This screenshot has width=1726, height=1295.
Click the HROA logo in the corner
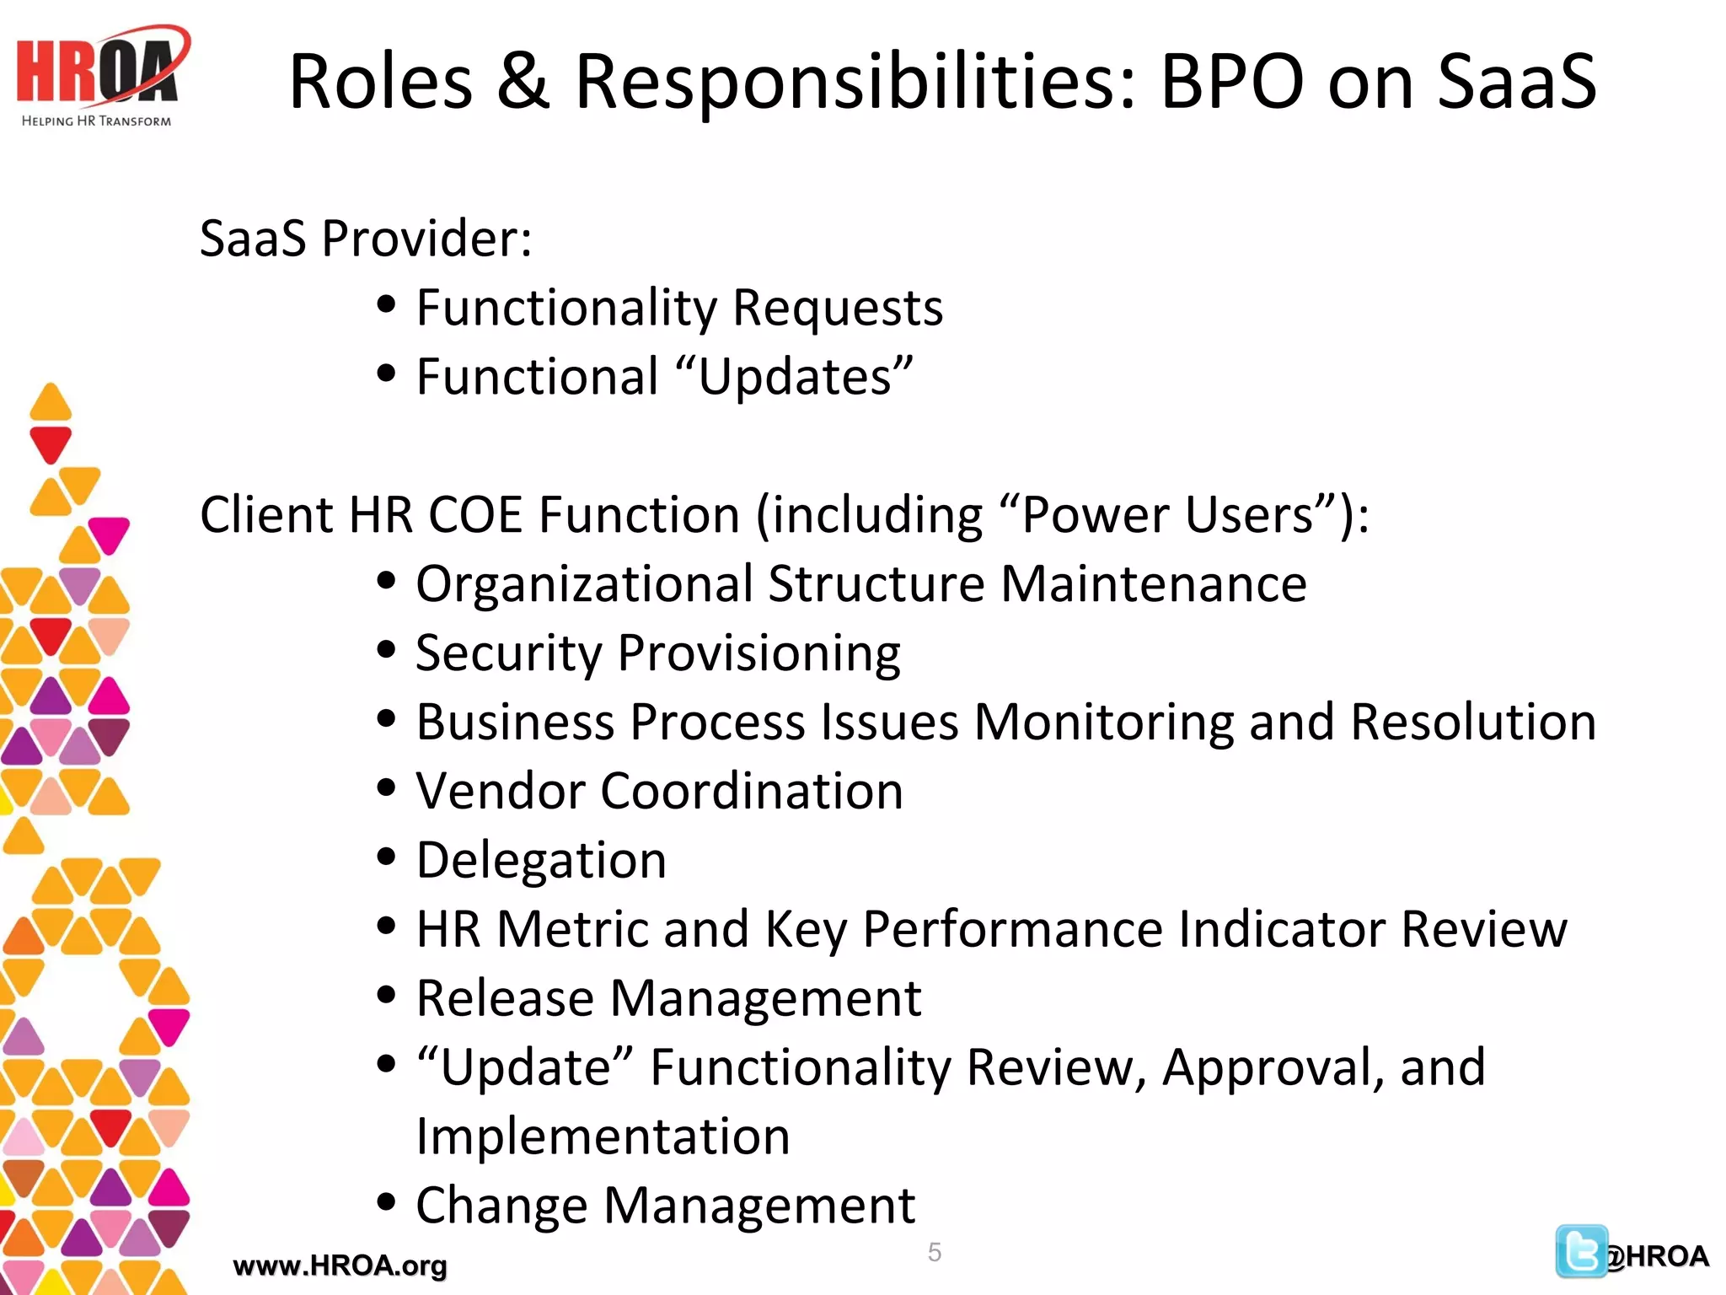point(100,77)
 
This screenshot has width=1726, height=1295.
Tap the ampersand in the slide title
point(523,82)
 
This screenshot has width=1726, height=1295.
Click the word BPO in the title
point(1232,82)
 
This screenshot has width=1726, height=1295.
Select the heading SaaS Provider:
point(366,239)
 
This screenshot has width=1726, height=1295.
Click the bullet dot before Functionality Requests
point(386,304)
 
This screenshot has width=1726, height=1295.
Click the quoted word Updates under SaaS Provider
point(795,377)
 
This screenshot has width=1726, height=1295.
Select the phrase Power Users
point(1167,514)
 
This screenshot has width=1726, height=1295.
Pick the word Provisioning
point(758,653)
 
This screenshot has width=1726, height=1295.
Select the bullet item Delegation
point(541,861)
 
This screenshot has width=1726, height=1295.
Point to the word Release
point(506,999)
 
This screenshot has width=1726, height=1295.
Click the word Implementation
point(603,1137)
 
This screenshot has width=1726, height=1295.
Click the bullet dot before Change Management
point(386,1202)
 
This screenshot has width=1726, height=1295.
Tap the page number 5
point(934,1252)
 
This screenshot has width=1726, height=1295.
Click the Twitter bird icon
point(1580,1251)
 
